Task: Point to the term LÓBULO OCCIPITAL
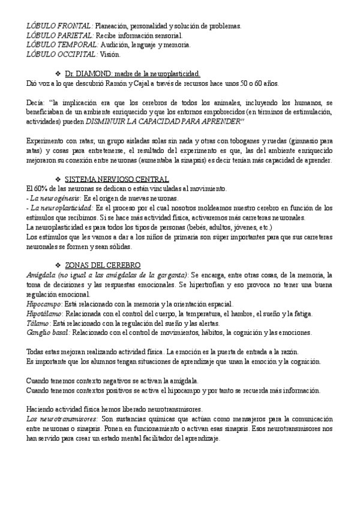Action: [62, 54]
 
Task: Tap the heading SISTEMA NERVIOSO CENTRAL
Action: [116, 179]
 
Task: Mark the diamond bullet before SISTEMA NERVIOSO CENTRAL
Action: [58, 179]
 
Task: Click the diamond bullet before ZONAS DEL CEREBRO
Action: [58, 265]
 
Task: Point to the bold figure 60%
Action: [41, 189]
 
